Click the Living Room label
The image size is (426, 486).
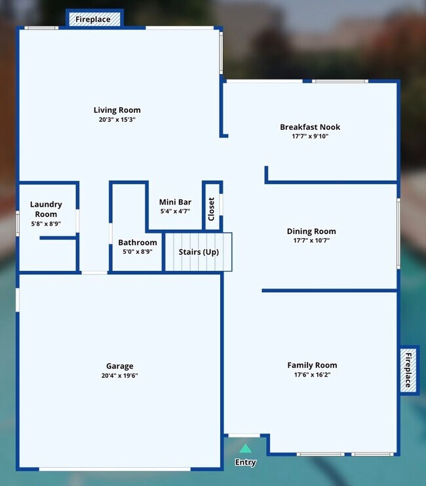coord(117,110)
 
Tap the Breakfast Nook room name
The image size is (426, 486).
coord(310,127)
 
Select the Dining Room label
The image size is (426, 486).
coord(311,232)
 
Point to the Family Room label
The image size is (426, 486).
coord(312,365)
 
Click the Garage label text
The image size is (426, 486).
coord(120,366)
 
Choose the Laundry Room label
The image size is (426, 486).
coord(46,209)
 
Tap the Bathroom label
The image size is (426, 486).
coord(138,243)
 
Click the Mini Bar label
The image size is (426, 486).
coord(175,203)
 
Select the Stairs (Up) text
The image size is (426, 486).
coord(199,252)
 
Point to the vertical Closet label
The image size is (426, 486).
coord(211,209)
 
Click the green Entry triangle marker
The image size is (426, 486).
coord(245,449)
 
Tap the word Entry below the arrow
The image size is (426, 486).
coord(245,462)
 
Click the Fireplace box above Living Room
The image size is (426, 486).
coord(93,20)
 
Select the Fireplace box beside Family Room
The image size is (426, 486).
coord(408,370)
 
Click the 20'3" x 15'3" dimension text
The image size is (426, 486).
coord(117,120)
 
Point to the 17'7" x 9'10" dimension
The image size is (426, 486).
coord(310,136)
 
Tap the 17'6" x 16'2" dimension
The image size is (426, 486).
coord(312,375)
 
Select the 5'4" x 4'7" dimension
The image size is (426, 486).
coord(175,212)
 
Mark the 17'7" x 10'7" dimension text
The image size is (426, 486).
coord(311,241)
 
